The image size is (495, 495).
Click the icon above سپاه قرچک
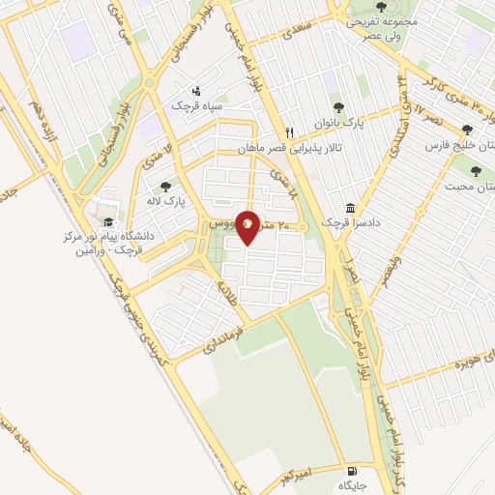point(196,88)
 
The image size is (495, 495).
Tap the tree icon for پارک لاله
point(166,186)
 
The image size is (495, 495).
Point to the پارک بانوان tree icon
point(337,108)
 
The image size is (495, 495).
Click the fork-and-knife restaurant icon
point(288,133)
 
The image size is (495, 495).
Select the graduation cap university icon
point(106,220)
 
